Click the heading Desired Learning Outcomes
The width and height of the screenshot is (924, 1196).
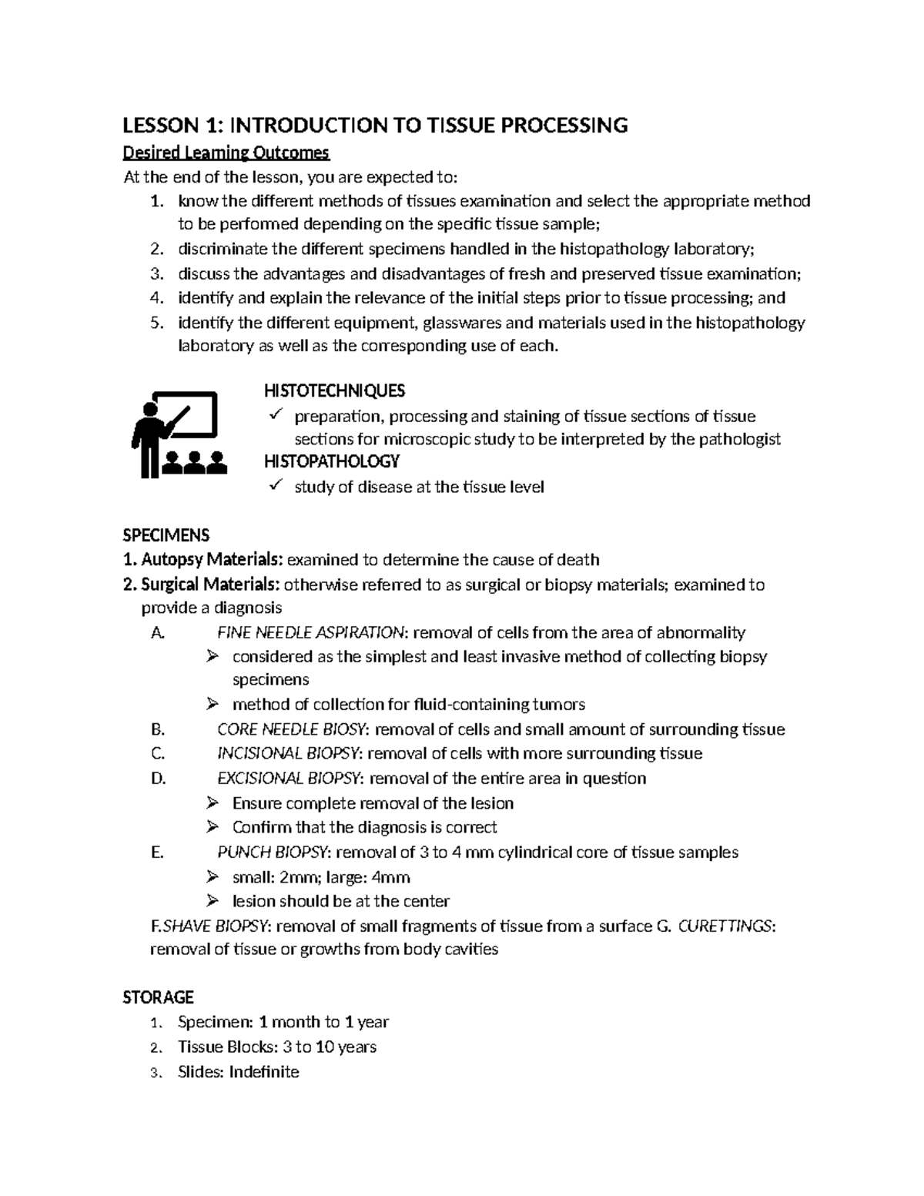pos(226,153)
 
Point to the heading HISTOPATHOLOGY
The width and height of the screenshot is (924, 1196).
pos(332,461)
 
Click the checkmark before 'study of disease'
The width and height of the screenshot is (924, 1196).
pos(276,485)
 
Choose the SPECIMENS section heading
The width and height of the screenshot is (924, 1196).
pos(166,534)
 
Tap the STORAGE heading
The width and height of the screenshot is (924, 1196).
pos(158,997)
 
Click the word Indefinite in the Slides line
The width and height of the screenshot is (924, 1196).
pos(263,1071)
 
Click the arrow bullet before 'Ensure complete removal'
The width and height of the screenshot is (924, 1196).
pos(213,803)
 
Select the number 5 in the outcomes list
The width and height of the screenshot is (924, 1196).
pos(156,323)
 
